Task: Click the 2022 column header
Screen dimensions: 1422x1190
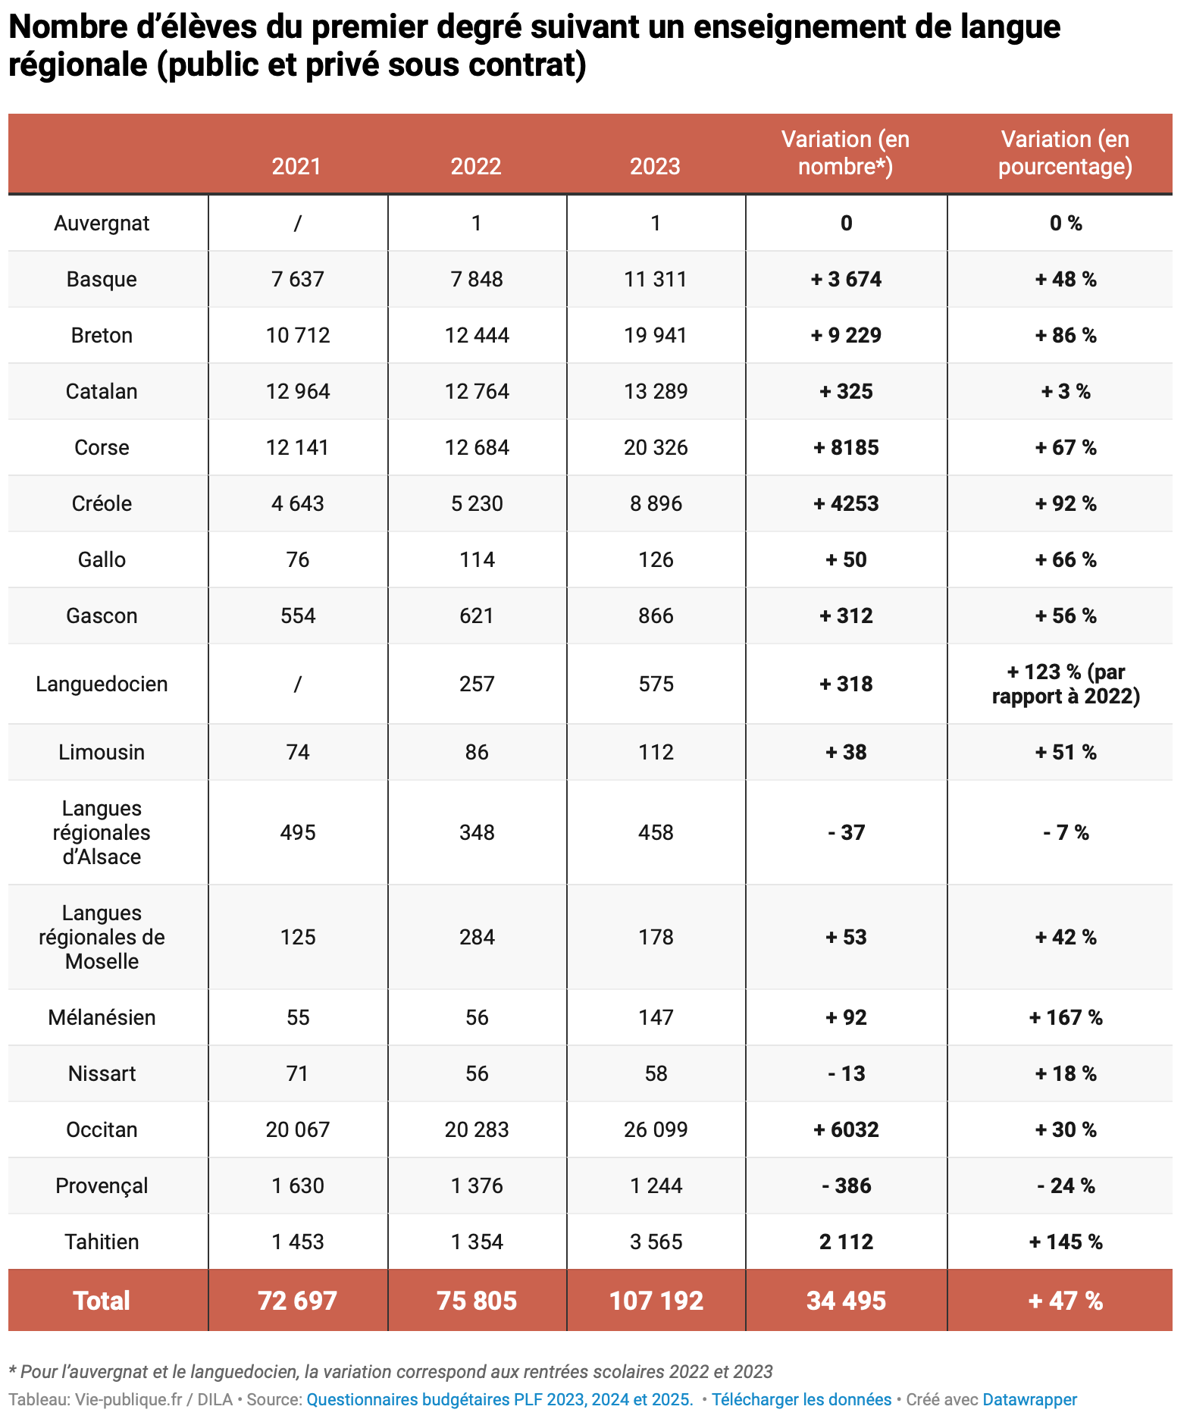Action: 476,166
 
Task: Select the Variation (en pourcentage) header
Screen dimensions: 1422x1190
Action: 1065,153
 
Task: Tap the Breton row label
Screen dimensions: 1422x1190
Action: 102,335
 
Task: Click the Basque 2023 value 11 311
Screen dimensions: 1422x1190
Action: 656,279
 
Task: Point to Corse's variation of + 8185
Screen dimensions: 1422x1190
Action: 846,447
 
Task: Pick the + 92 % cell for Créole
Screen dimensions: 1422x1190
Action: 1065,503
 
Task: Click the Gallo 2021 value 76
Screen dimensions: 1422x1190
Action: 297,559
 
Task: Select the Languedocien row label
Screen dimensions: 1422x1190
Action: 102,684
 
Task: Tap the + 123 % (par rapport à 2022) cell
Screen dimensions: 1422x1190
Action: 1065,684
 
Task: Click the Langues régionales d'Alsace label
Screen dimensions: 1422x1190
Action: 102,832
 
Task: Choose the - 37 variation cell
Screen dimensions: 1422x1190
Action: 846,832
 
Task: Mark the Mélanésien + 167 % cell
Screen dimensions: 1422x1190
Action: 1065,1017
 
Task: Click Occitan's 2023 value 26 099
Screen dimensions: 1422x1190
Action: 656,1129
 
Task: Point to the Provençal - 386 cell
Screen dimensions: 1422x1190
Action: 846,1186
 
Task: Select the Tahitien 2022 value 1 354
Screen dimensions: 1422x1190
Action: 476,1242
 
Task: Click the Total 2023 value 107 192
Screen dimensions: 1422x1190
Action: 656,1301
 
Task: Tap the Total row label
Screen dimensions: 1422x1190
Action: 102,1301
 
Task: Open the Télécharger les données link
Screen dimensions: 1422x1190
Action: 801,1399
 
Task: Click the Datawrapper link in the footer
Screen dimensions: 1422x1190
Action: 1029,1399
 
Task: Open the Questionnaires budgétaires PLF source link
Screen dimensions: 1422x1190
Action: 499,1399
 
